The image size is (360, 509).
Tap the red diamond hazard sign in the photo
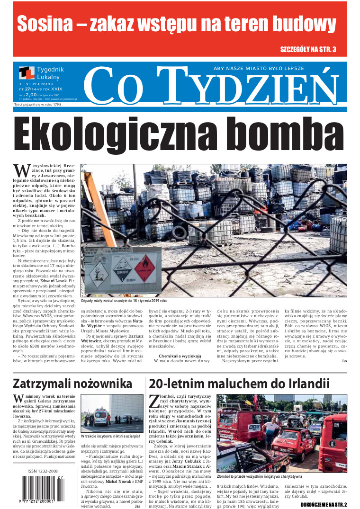144,268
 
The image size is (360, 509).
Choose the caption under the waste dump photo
125,300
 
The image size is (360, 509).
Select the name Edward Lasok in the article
53,280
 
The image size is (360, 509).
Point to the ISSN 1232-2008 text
43,471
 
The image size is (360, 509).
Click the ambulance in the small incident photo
100,418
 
